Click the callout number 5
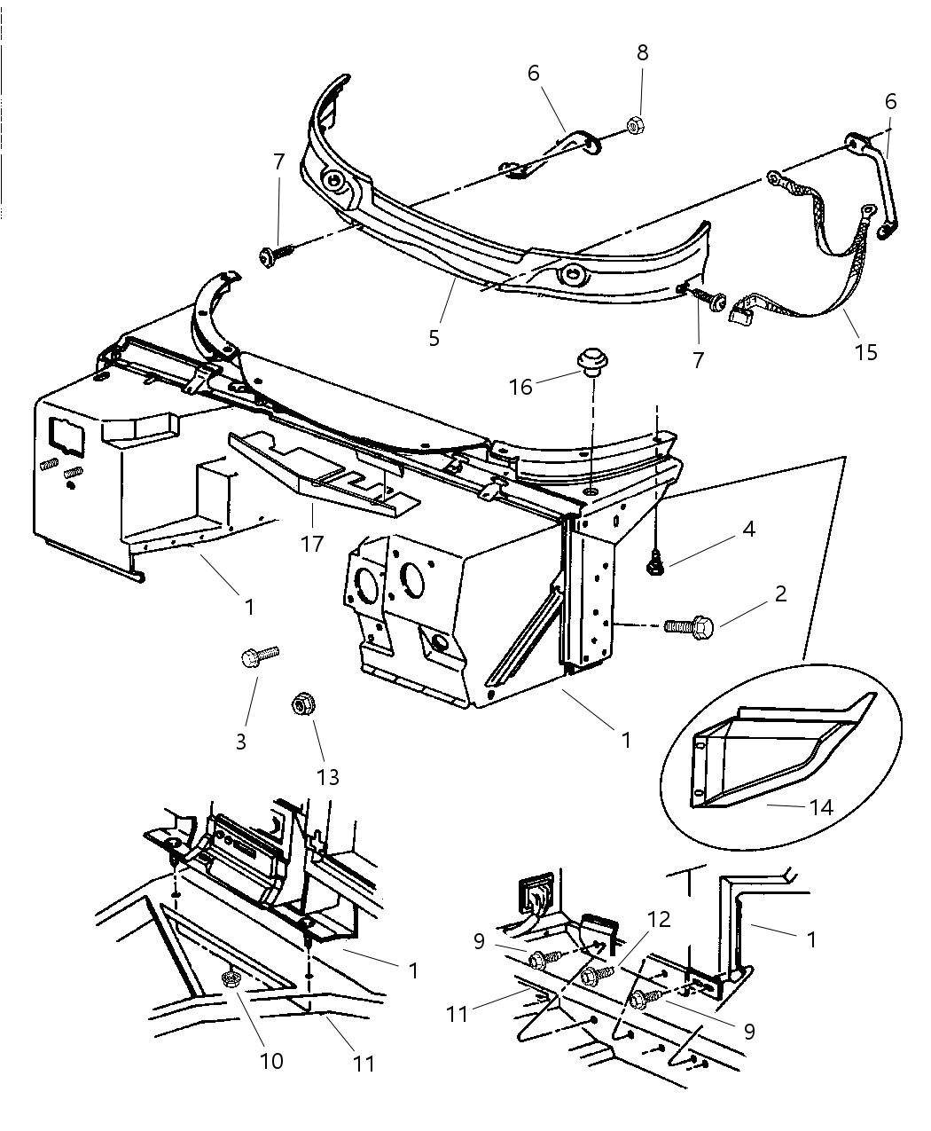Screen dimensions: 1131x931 click(x=434, y=338)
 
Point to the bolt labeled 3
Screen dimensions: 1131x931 click(x=258, y=657)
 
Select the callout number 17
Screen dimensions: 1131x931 click(x=311, y=542)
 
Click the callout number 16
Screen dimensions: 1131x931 click(x=520, y=387)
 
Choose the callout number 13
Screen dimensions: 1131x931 click(x=329, y=778)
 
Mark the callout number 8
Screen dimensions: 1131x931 click(x=642, y=52)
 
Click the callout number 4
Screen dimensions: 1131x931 click(x=748, y=530)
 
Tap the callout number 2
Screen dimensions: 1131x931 click(x=780, y=593)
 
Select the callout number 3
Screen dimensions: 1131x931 click(x=241, y=741)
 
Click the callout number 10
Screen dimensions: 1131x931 click(x=271, y=1059)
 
